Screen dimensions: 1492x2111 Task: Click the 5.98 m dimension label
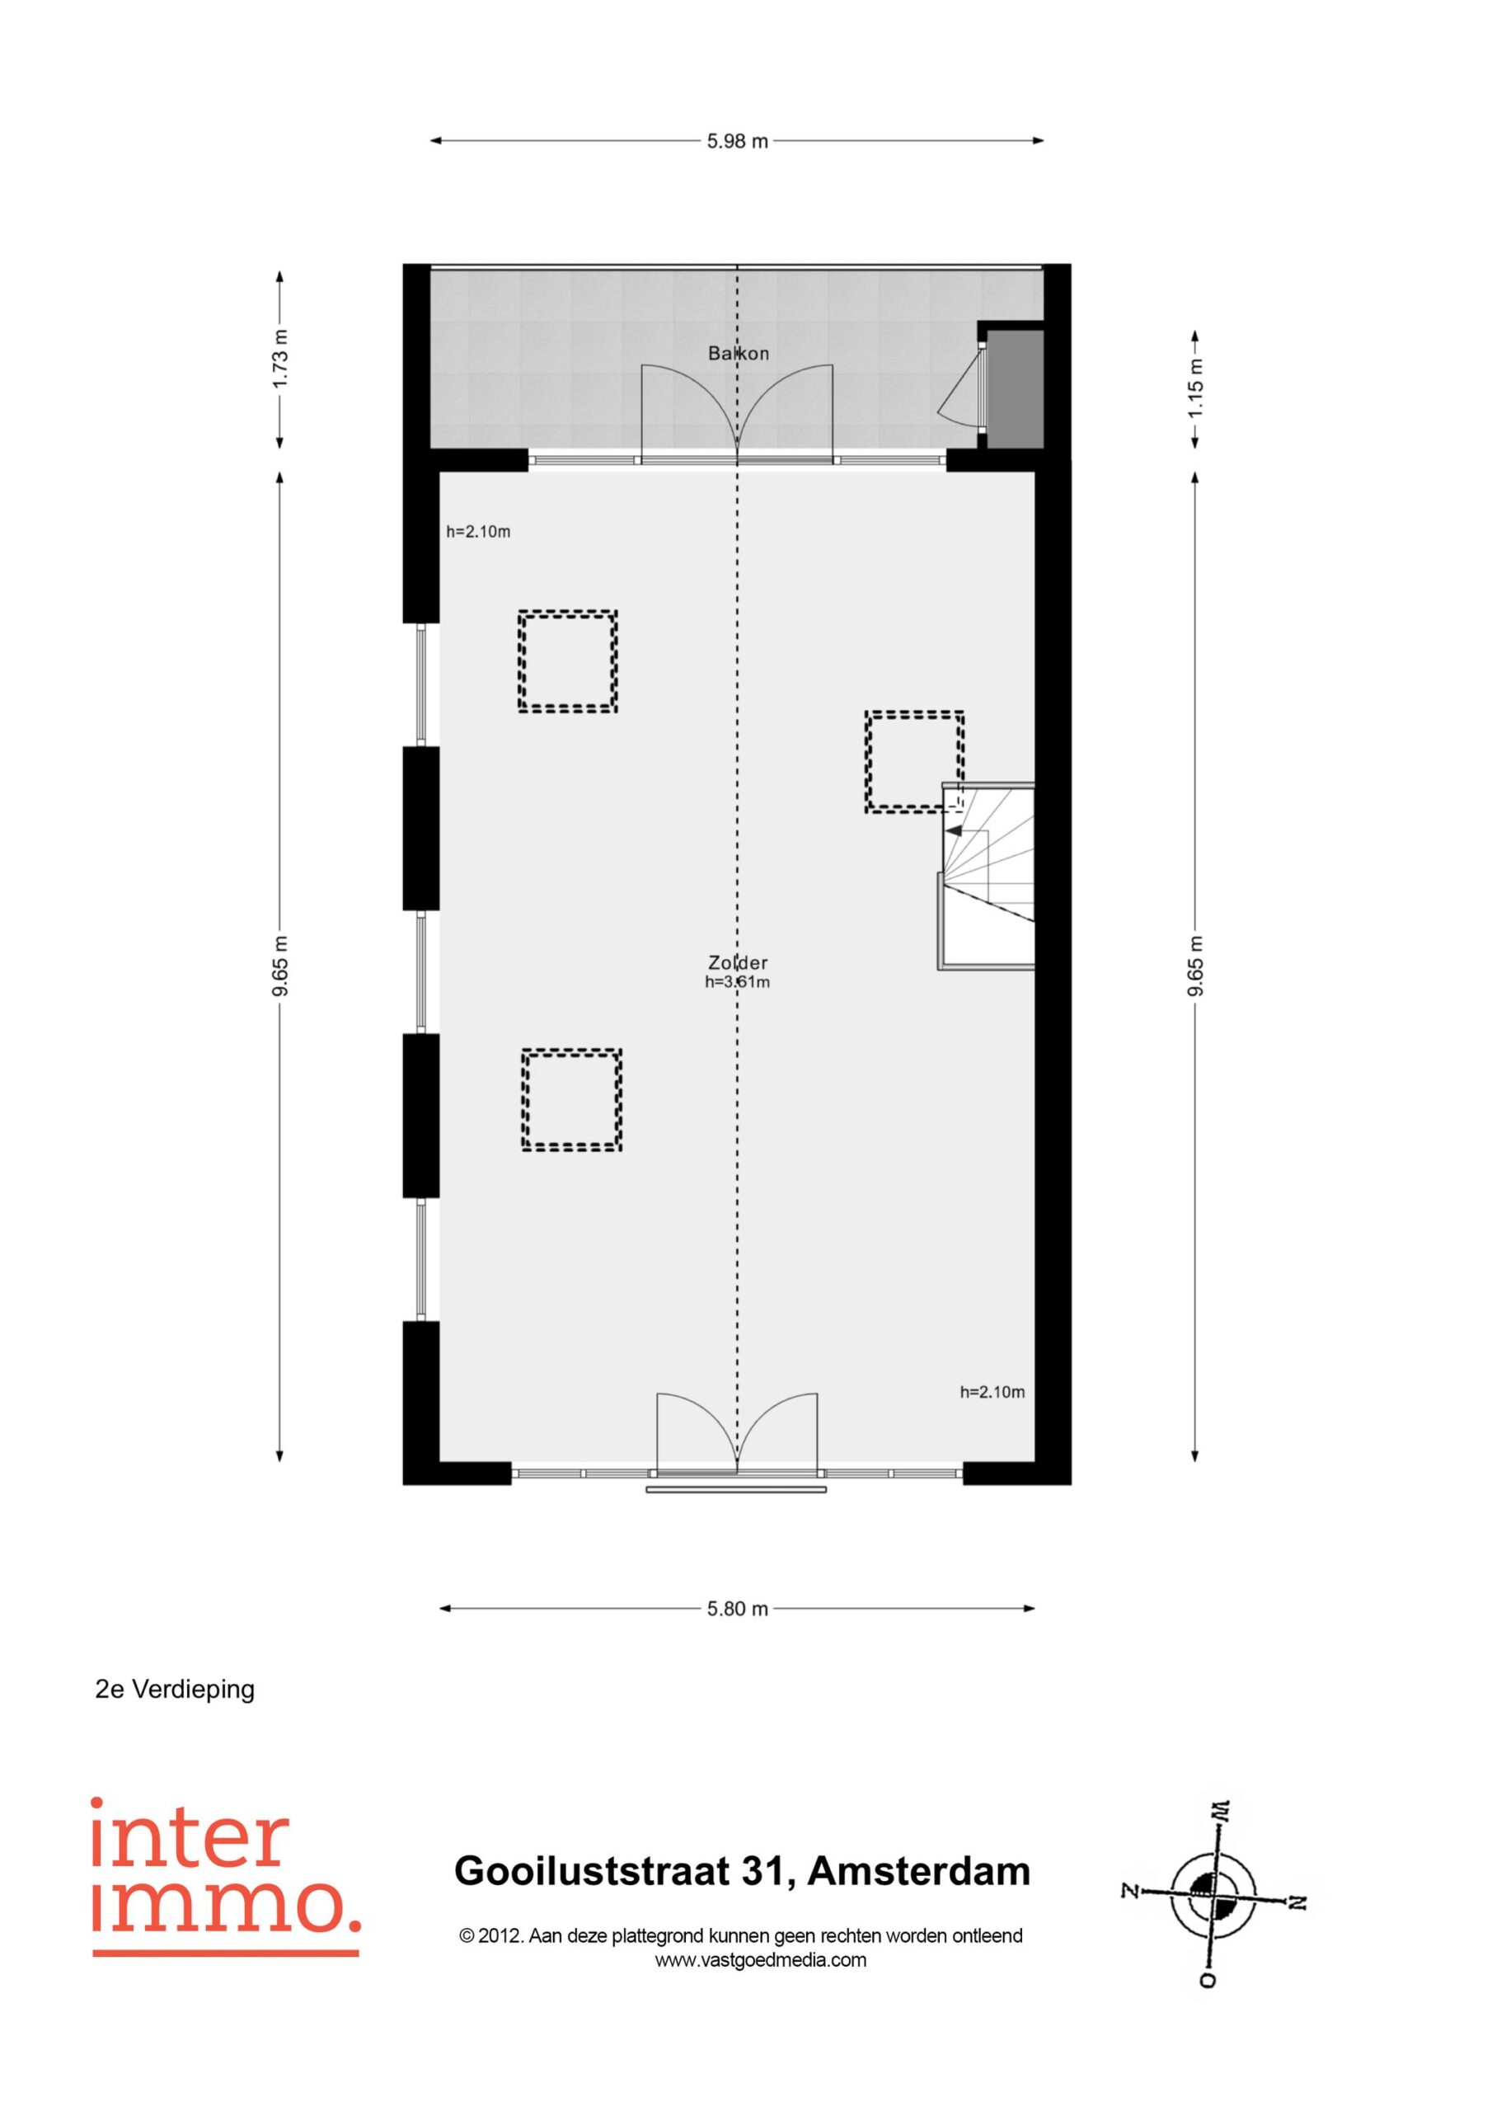click(x=737, y=142)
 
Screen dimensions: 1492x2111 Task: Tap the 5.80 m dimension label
click(x=737, y=1609)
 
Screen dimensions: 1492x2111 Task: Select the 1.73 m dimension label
click(x=281, y=358)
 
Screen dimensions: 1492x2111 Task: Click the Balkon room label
click(x=739, y=353)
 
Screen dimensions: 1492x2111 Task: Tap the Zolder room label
click(x=739, y=962)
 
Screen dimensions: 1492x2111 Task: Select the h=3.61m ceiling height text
click(x=737, y=982)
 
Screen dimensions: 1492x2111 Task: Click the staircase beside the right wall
click(x=987, y=877)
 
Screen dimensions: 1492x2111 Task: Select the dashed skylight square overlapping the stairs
click(x=914, y=761)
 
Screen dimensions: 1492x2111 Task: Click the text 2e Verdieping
click(x=175, y=1689)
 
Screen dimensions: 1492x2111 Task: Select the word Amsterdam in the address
click(x=919, y=1871)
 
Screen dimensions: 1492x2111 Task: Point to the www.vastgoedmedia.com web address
click(x=760, y=1959)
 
